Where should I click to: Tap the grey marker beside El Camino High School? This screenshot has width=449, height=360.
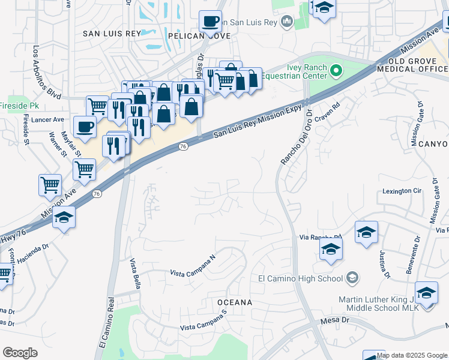[x=352, y=278]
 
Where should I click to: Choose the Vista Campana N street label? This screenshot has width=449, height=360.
[x=193, y=266]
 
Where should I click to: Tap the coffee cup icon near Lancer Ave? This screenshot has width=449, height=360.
[x=85, y=127]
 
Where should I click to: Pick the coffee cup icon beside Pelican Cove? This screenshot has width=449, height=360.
[x=210, y=22]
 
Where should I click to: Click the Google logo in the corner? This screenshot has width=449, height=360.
[x=20, y=353]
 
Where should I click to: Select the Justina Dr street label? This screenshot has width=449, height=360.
[x=384, y=265]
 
